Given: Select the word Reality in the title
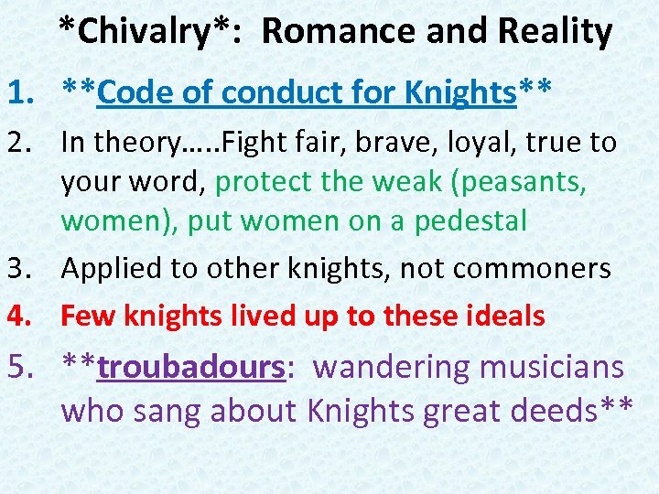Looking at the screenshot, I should (556, 31).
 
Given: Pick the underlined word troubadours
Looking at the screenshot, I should (191, 367).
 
